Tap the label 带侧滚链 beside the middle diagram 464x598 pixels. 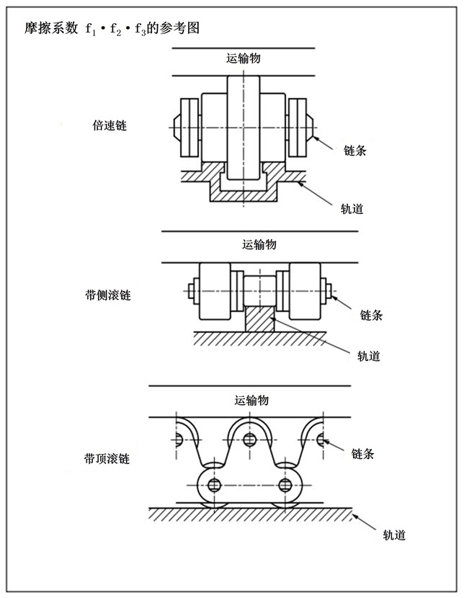(107, 295)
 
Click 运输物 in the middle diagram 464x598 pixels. (259, 244)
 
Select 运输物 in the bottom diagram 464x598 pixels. (251, 401)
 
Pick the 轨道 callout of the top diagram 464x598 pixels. (351, 209)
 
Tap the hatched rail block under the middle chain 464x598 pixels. (259, 318)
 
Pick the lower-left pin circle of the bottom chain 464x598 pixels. (213, 483)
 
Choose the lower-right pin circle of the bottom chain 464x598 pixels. (287, 483)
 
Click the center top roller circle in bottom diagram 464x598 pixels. (249, 439)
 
